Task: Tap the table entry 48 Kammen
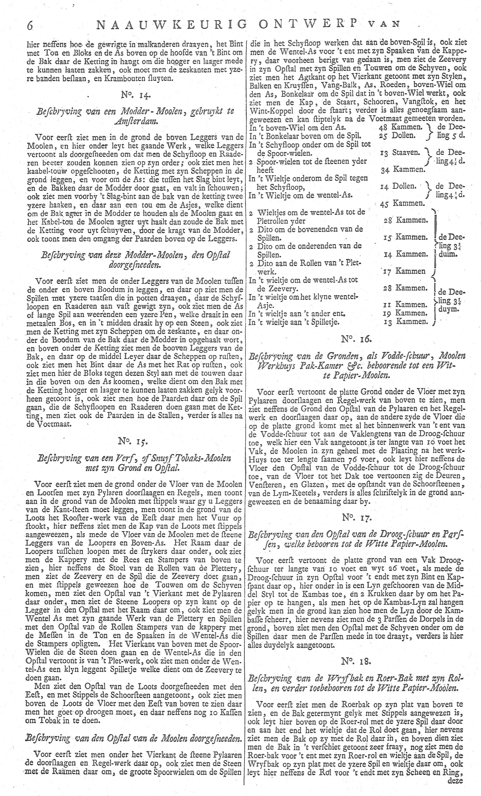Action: click(400, 127)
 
